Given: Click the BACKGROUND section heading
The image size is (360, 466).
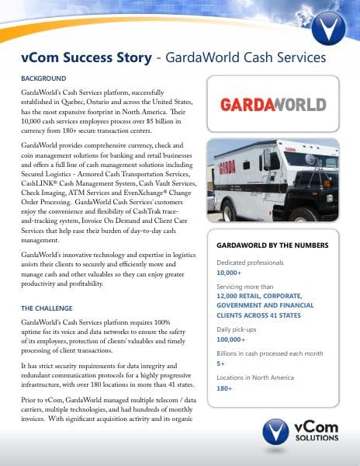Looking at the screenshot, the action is pyautogui.click(x=43, y=78).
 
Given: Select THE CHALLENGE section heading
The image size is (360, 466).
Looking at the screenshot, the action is pyautogui.click(x=48, y=308).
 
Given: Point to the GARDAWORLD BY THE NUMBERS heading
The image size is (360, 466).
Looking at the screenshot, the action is pyautogui.click(x=272, y=245).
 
